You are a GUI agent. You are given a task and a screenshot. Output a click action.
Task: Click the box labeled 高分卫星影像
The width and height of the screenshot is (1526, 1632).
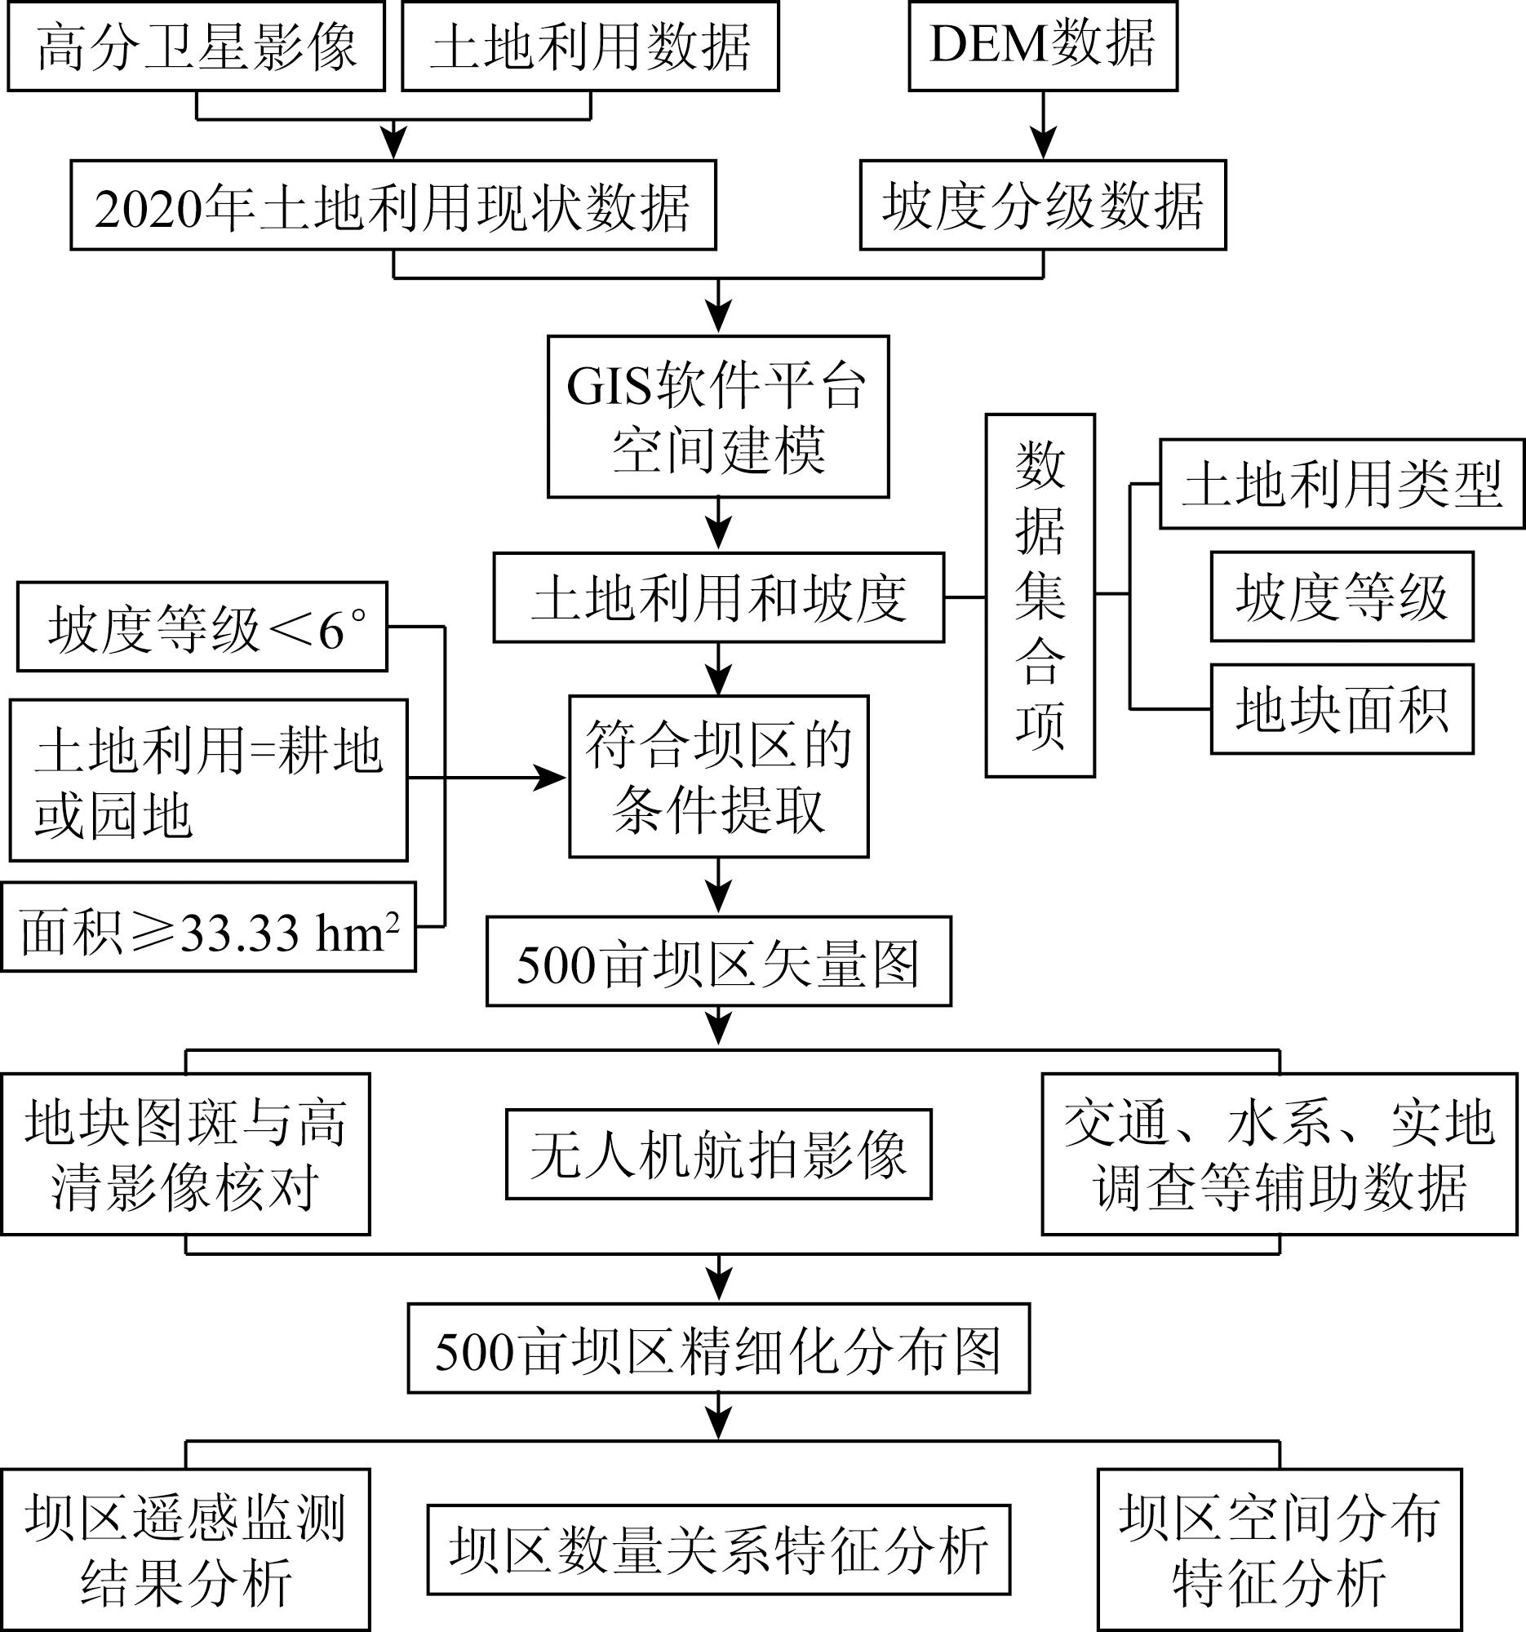click(x=196, y=46)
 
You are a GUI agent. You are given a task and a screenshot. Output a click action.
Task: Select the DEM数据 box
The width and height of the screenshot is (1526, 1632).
click(x=1043, y=46)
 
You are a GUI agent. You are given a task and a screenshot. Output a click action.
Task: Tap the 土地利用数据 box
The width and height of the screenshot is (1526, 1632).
click(x=589, y=46)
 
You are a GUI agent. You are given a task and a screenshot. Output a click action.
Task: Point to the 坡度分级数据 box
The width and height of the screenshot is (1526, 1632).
click(x=1043, y=206)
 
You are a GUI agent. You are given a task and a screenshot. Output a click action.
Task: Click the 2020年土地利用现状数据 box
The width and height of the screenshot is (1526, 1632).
click(x=393, y=206)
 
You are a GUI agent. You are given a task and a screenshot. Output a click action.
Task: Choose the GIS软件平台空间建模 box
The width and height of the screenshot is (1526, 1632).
click(x=718, y=416)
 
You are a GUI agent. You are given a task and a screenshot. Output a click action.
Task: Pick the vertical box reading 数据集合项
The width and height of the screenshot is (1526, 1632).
click(x=1040, y=595)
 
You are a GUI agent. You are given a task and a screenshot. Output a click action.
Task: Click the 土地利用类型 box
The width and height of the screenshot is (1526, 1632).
click(x=1342, y=485)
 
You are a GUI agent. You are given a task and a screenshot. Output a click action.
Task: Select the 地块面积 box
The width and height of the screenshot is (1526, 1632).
click(x=1342, y=709)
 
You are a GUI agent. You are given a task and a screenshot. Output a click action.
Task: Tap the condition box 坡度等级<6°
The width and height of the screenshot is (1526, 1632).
click(x=202, y=628)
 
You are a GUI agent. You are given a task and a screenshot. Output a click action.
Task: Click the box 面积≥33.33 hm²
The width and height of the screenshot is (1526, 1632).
click(x=209, y=928)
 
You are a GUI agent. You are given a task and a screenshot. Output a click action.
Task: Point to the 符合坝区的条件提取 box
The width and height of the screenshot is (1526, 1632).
click(x=718, y=777)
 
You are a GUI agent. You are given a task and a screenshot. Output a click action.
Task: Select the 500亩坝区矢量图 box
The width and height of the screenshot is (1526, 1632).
click(x=718, y=961)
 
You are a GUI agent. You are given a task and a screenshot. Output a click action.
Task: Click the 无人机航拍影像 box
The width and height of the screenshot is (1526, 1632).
click(x=718, y=1154)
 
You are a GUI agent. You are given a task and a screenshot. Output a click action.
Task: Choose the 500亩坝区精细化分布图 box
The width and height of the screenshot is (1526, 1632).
click(x=718, y=1348)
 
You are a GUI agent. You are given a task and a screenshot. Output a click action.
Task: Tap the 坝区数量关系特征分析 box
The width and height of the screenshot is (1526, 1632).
click(x=718, y=1550)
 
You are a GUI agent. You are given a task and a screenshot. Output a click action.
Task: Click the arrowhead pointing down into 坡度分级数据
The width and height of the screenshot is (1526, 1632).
click(x=1043, y=146)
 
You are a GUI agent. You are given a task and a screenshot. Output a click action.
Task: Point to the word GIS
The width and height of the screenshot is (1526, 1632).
click(x=607, y=386)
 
